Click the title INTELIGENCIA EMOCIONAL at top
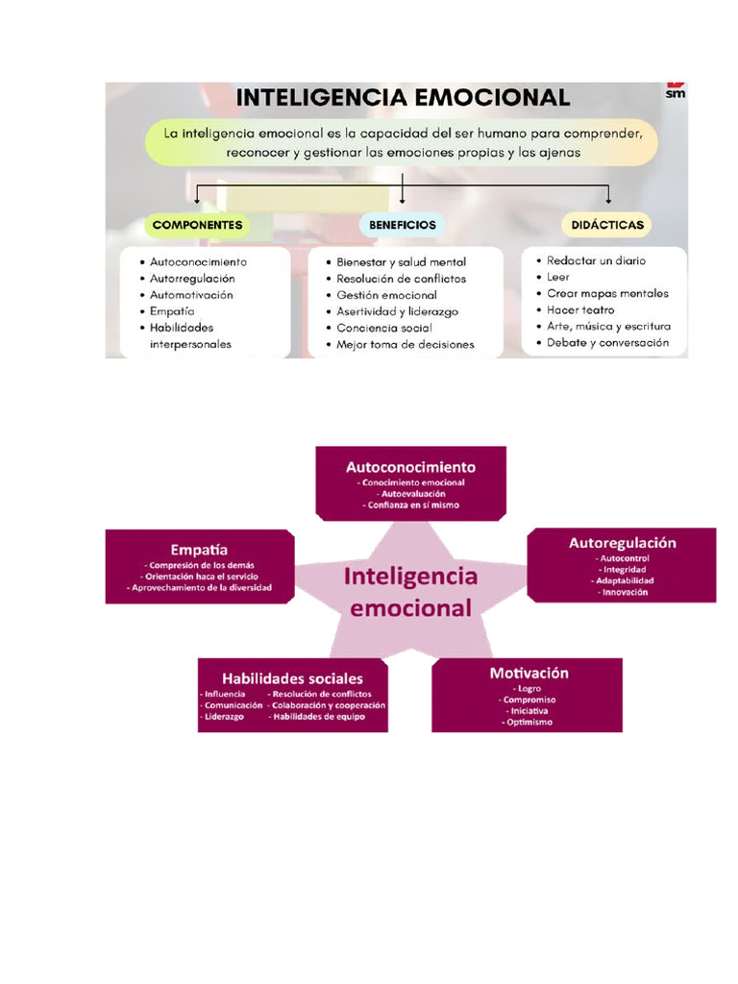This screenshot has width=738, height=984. point(403,98)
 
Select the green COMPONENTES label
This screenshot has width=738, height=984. point(197,225)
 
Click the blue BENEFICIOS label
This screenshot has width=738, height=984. point(403,225)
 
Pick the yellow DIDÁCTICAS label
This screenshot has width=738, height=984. point(605,225)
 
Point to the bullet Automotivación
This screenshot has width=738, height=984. point(191,295)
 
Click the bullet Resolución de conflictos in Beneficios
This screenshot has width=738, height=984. point(401,279)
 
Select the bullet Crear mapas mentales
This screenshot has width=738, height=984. point(607,293)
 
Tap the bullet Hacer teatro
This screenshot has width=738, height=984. point(580,310)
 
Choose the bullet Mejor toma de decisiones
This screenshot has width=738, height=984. point(405,344)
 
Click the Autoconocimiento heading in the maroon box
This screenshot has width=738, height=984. point(410,467)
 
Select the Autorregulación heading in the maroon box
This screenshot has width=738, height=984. point(623,543)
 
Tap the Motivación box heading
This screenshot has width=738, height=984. point(529,673)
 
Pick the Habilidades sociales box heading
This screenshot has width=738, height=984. point(292,678)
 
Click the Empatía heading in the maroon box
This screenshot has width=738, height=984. point(199,550)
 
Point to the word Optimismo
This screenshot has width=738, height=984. point(529,722)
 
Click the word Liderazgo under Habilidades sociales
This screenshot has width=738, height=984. point(224,716)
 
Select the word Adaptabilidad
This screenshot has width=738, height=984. point(625,581)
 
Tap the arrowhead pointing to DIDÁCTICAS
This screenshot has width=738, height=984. point(609,200)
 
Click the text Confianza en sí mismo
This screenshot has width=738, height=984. point(410,504)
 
